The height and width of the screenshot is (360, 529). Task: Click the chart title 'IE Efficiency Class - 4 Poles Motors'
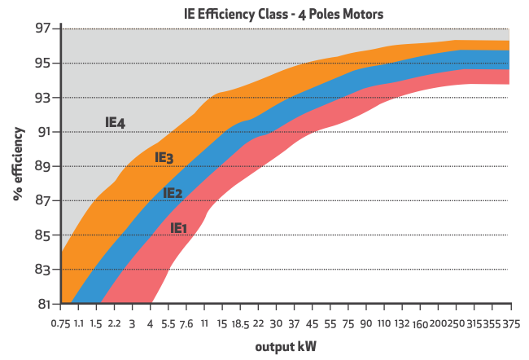283,14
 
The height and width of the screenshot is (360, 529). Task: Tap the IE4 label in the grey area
115,123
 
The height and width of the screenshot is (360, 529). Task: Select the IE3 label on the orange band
164,157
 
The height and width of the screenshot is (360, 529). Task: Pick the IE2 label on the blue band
173,193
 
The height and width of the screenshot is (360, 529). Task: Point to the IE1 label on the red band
179,228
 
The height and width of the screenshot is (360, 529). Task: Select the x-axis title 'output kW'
286,347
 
